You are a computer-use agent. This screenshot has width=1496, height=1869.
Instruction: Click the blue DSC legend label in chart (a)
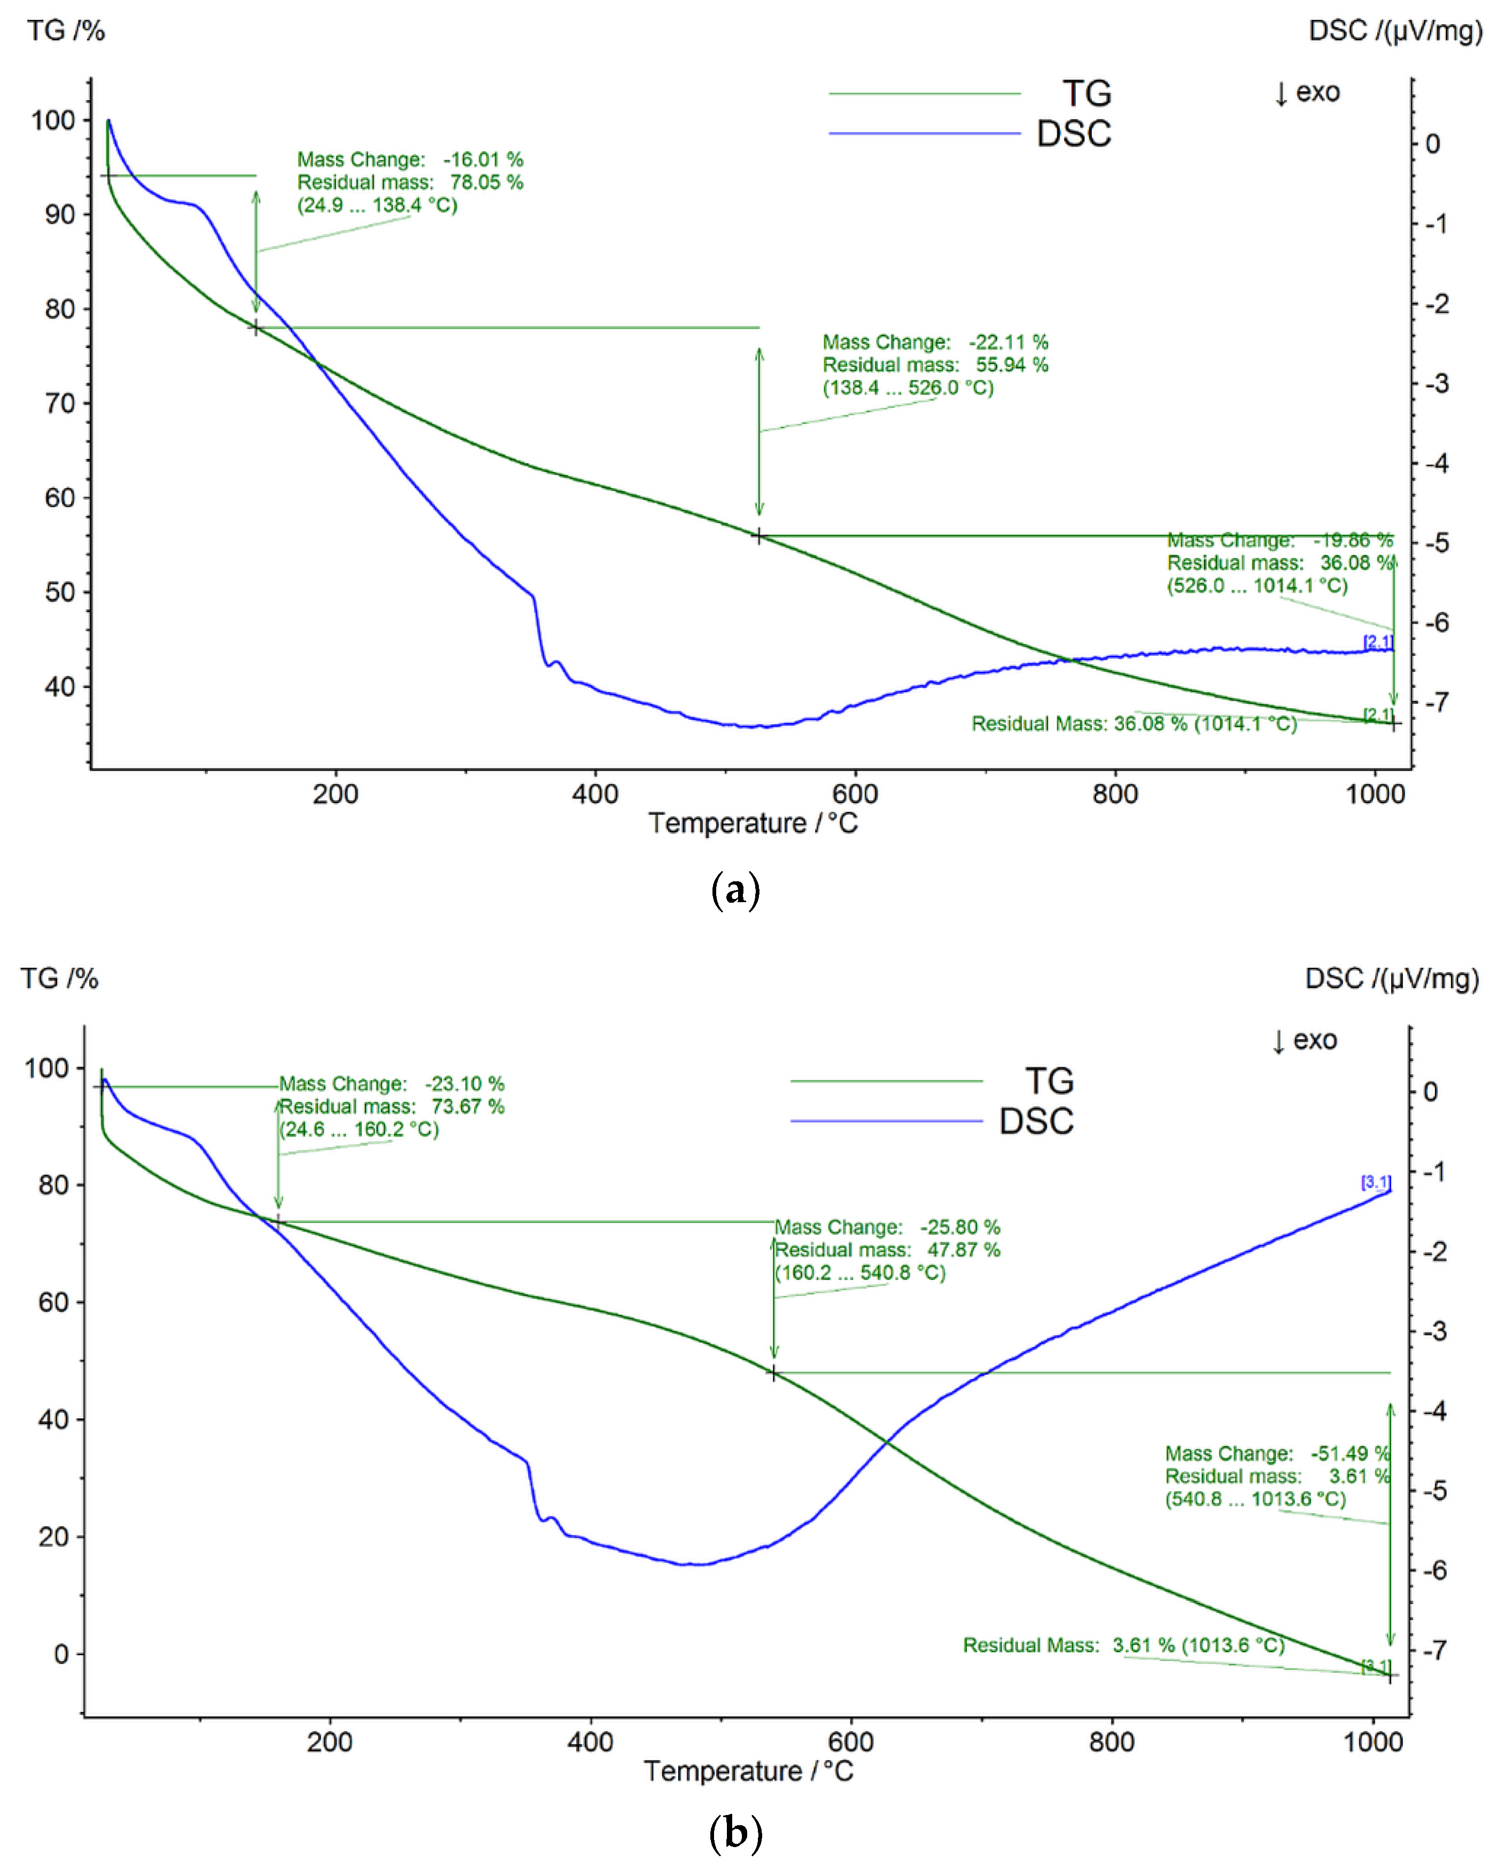[1073, 134]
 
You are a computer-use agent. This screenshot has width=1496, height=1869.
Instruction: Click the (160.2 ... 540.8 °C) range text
[860, 1273]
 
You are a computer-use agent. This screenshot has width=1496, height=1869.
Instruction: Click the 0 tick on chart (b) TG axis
[61, 1654]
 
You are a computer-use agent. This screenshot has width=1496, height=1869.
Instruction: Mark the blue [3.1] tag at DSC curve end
[1376, 1182]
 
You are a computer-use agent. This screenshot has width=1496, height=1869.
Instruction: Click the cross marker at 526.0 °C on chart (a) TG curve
[759, 537]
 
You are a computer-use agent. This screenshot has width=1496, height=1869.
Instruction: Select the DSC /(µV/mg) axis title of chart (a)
[1394, 30]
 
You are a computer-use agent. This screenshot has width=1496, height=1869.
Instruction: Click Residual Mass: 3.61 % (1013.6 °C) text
[1123, 1646]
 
